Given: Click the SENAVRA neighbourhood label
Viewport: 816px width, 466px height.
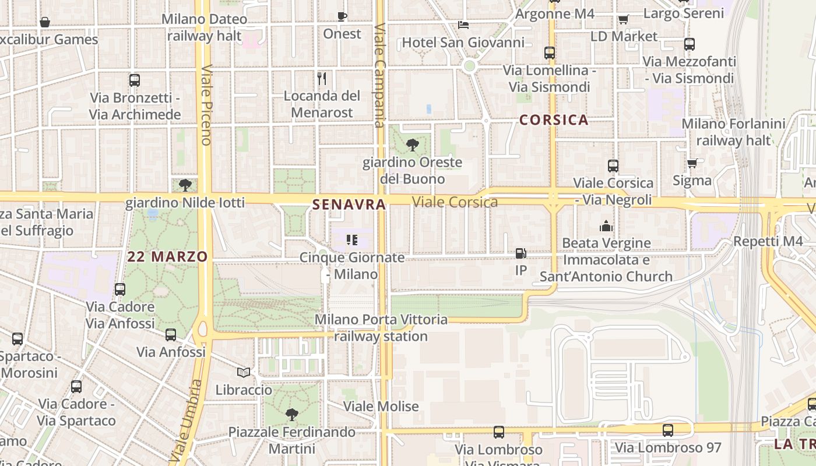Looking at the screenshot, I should click(349, 204).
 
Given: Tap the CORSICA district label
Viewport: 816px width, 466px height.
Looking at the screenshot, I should click(554, 120).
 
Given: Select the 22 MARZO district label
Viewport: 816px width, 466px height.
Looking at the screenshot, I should click(168, 257).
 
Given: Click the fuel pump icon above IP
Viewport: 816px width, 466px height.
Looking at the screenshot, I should click(520, 253).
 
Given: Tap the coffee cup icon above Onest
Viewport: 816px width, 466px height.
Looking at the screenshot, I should click(342, 16).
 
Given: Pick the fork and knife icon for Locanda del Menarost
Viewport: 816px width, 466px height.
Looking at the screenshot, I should click(322, 78).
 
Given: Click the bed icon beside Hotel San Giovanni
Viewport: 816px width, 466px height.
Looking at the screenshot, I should click(463, 24).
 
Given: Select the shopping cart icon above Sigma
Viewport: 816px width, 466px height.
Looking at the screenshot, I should click(692, 163).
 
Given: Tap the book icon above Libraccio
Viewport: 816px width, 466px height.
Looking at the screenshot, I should click(244, 372).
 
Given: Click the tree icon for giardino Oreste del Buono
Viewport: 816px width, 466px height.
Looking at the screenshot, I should click(413, 144).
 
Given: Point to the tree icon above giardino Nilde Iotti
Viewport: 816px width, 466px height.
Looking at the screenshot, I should click(185, 185).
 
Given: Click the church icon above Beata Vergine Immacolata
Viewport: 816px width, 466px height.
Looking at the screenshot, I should click(606, 225).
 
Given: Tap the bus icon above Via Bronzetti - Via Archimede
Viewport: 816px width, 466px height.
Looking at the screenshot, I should click(135, 80).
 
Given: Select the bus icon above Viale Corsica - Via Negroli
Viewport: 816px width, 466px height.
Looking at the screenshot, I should click(613, 165).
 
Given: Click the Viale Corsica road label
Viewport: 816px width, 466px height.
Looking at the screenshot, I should click(455, 202).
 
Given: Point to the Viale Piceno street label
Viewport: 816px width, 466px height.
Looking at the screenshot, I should click(206, 105).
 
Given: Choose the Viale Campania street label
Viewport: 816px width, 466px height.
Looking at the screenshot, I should click(380, 76).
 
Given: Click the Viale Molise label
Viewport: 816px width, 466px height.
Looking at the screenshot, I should click(381, 406).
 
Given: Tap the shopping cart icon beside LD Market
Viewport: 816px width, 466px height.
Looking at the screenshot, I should click(623, 19).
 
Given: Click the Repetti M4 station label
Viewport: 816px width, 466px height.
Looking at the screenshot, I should click(768, 241).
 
